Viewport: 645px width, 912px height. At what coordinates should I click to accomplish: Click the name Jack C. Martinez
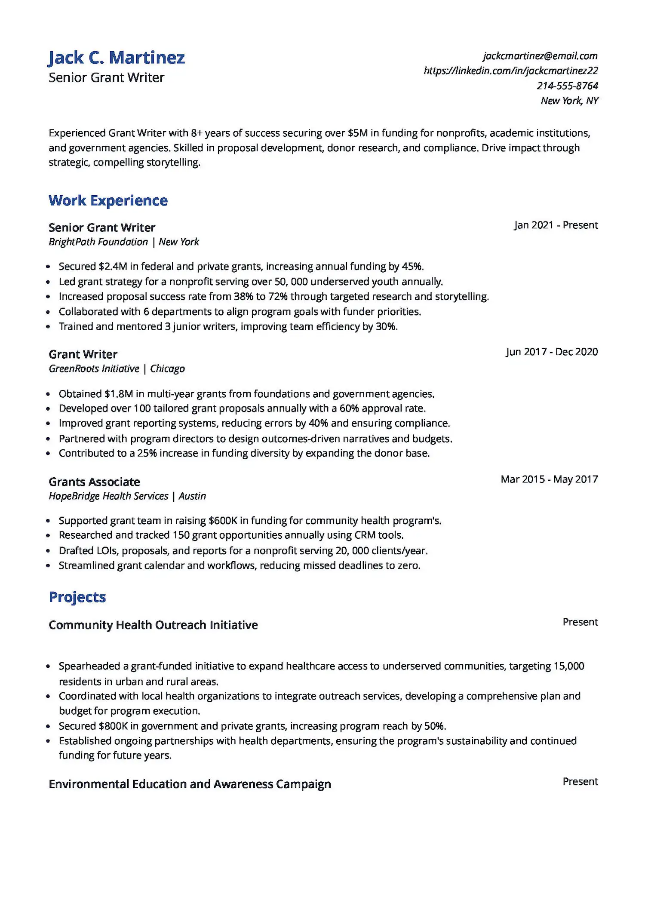coord(117,58)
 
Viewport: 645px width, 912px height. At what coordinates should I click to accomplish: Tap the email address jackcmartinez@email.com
coord(540,56)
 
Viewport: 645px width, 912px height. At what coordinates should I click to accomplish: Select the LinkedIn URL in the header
coord(511,71)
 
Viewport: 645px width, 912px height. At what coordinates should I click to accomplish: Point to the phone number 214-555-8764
coord(567,86)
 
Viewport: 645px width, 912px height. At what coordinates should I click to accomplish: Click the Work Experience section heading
coord(108,201)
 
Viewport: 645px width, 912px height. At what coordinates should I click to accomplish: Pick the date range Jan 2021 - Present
coord(556,225)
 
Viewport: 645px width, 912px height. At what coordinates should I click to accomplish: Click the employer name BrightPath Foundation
coord(98,242)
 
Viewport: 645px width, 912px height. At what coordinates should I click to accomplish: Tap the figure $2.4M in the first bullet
coord(113,267)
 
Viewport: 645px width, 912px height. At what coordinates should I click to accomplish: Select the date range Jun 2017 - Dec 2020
coord(552,352)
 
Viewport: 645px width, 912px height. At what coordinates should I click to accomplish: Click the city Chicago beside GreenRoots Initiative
coord(167,369)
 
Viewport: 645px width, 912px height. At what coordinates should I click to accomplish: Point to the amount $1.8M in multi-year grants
coord(119,394)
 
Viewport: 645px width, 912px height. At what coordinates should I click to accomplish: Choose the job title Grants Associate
coord(94,482)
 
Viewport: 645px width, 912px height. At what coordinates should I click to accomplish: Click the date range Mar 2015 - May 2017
coord(549,479)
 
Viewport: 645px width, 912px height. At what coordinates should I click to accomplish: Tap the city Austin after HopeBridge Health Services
coord(192,496)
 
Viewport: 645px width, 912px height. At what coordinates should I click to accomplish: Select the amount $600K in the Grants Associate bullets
coord(223,521)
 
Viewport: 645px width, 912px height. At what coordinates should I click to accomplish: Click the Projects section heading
coord(77,597)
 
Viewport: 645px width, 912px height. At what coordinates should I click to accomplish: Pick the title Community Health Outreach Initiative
coord(153,625)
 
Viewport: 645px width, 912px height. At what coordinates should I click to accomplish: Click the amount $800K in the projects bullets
coord(113,726)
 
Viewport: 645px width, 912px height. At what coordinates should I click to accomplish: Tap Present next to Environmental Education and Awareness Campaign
coord(580,782)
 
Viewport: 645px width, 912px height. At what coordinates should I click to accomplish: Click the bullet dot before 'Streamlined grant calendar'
coord(48,566)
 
